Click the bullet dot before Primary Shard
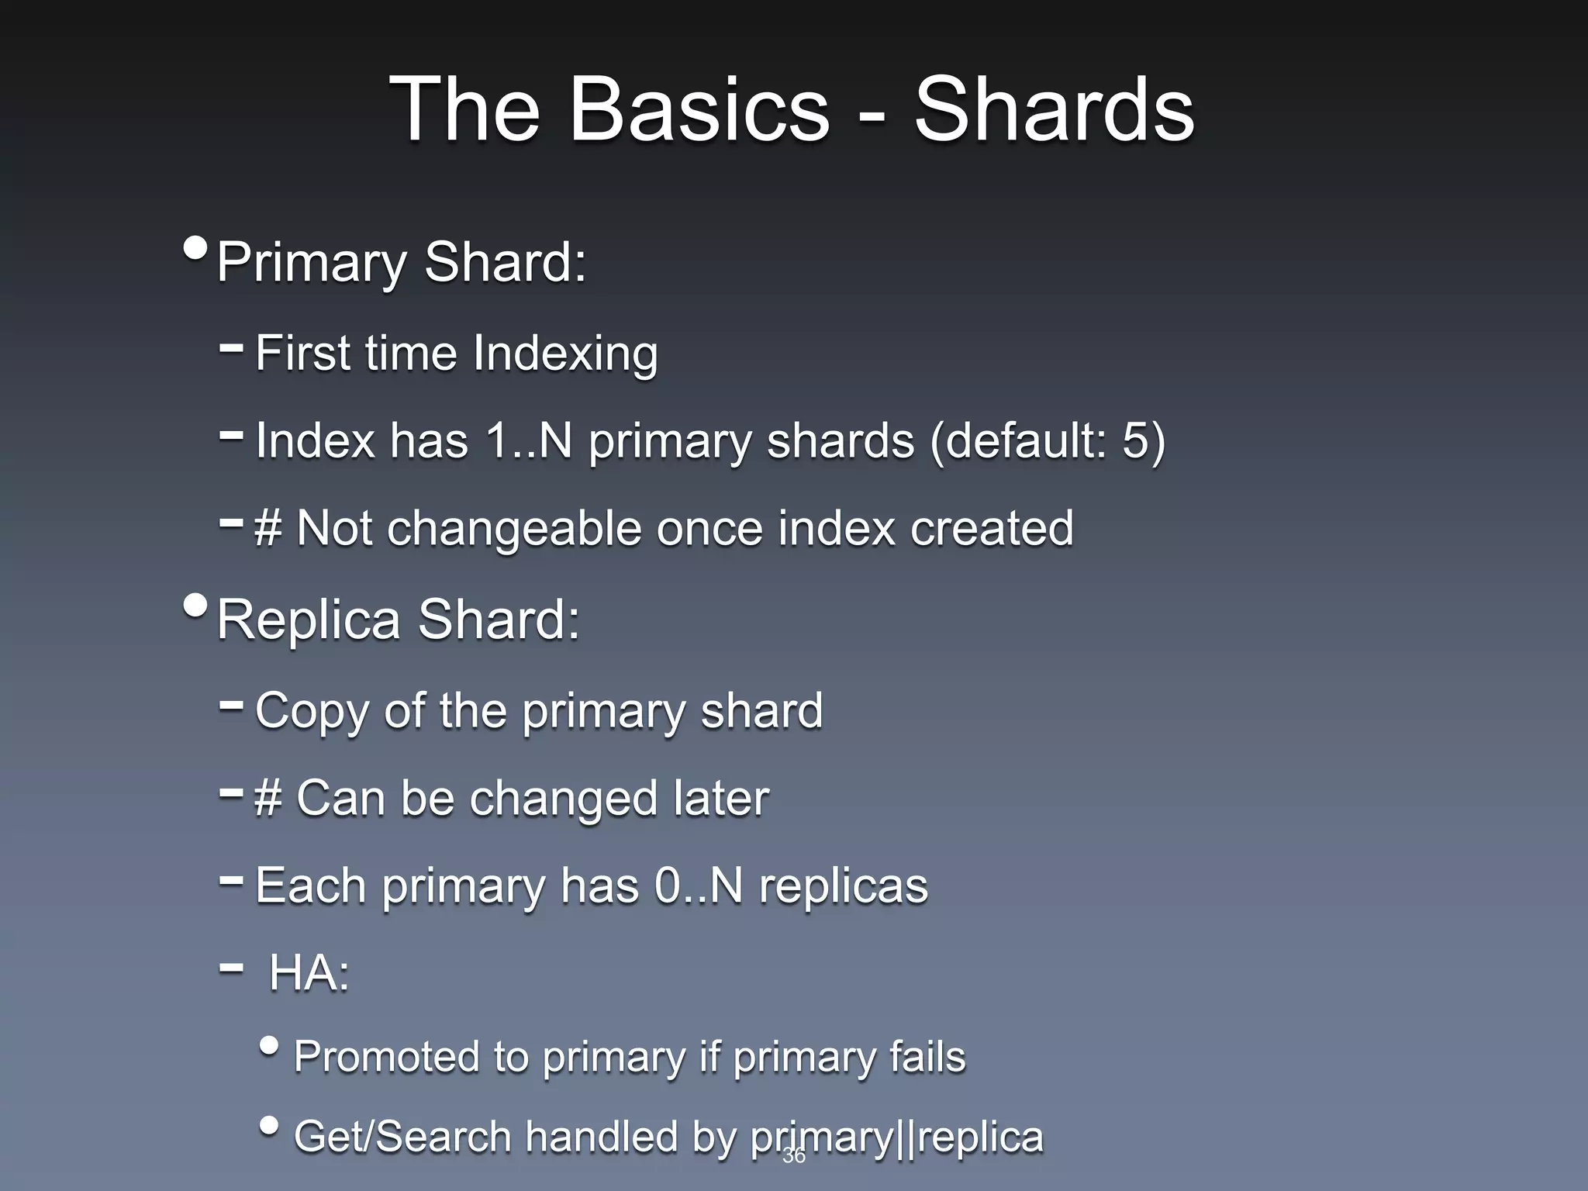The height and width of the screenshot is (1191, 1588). coord(196,249)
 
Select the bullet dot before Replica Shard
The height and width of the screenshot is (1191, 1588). coord(196,606)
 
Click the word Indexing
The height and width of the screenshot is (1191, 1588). coord(565,353)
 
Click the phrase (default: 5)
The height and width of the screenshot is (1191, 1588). coord(1047,440)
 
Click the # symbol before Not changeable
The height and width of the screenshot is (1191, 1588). coord(268,530)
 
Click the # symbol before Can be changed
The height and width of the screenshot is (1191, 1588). coord(268,799)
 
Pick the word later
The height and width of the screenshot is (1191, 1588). coord(721,799)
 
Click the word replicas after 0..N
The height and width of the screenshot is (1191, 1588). coord(843,885)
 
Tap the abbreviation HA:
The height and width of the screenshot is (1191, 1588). coord(309,973)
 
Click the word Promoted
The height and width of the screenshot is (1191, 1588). coord(387,1057)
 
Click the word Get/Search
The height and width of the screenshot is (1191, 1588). coord(402,1137)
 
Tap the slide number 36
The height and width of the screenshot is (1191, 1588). coord(794,1156)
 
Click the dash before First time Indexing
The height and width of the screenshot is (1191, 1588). coord(231,349)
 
